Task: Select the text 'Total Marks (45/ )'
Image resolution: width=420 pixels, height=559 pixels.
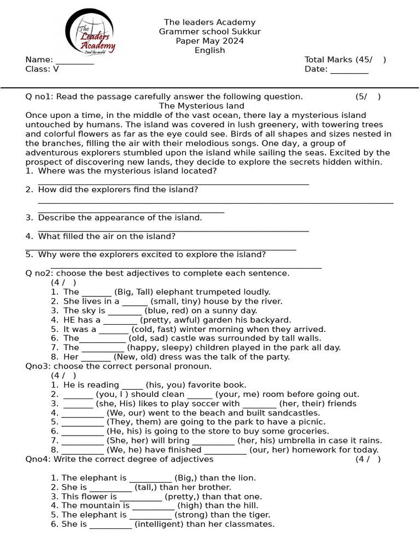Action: pos(345,60)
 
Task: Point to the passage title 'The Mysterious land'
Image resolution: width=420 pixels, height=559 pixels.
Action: pos(201,106)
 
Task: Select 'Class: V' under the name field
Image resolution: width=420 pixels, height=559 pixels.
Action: pos(42,69)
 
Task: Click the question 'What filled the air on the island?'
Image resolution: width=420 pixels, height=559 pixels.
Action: pos(107,236)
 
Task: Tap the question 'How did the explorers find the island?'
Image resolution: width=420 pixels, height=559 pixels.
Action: pos(118,190)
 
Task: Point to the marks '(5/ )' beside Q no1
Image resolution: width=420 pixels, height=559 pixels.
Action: pos(367,97)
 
